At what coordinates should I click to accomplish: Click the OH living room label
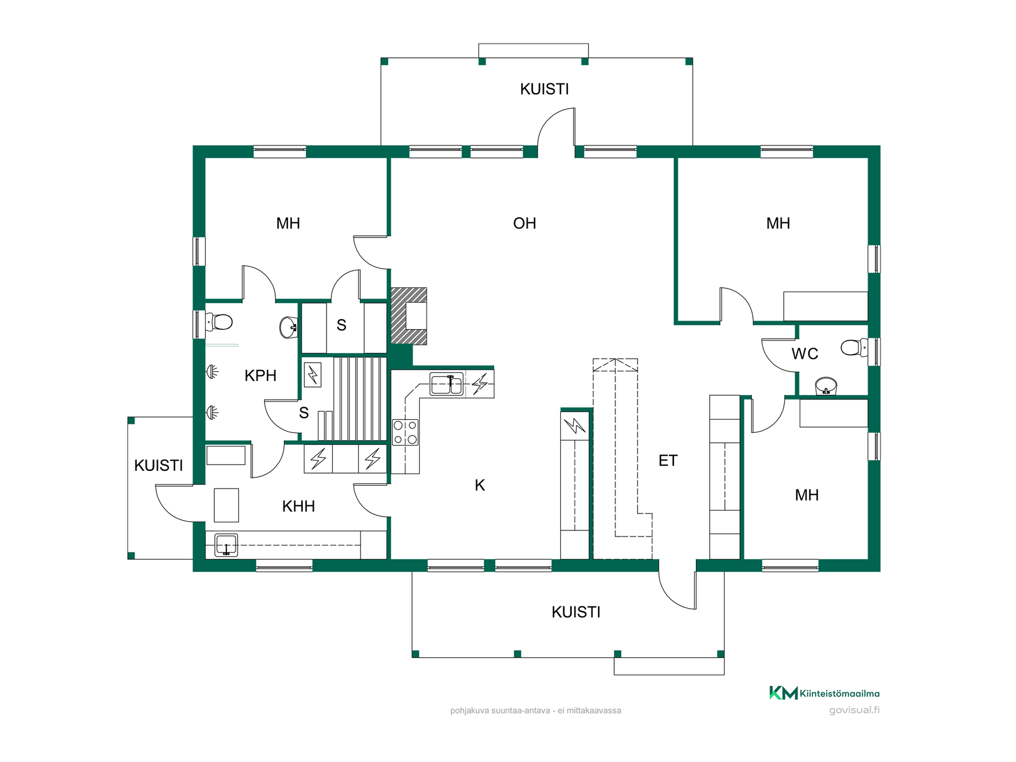(524, 223)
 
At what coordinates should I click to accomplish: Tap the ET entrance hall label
(668, 460)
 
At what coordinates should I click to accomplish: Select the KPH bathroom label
(260, 376)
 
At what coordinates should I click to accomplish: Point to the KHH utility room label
(298, 506)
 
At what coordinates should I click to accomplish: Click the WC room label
(805, 353)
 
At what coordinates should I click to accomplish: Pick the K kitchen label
(480, 485)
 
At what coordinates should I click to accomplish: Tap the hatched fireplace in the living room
(409, 316)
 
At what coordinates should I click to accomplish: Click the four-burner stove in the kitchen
(405, 432)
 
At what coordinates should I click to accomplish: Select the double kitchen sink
(447, 384)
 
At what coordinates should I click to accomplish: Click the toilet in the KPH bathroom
(219, 322)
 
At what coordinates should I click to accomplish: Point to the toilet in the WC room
(854, 348)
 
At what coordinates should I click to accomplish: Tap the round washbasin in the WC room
(825, 386)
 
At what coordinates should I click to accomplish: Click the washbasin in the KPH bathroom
(288, 328)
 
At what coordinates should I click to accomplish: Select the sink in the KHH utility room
(226, 545)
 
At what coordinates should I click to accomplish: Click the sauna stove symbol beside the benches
(313, 375)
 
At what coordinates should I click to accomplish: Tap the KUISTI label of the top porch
(545, 89)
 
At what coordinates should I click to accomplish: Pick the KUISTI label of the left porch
(158, 466)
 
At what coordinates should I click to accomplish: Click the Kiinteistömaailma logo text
(840, 693)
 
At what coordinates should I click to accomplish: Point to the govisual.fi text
(854, 710)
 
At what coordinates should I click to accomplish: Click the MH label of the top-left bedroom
(288, 223)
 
